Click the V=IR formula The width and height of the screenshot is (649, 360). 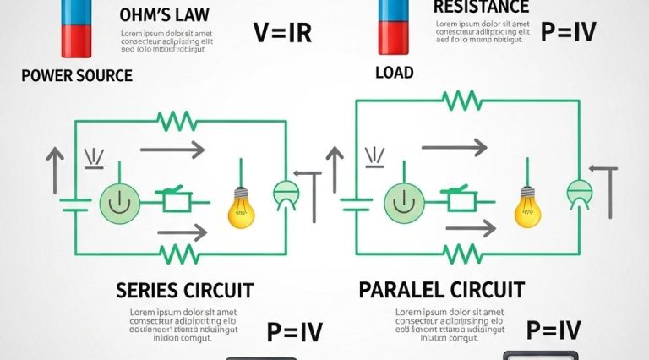(x=282, y=33)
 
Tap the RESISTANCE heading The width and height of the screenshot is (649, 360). (x=475, y=7)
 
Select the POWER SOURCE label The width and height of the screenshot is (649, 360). (x=77, y=75)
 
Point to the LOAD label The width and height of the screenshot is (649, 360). (x=395, y=73)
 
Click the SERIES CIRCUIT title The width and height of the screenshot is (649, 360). (x=184, y=291)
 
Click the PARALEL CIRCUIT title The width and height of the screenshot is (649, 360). (x=442, y=290)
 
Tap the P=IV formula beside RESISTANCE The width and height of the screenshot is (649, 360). (x=568, y=32)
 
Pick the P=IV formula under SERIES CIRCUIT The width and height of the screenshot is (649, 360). (x=294, y=332)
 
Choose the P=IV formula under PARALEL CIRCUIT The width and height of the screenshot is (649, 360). (x=554, y=330)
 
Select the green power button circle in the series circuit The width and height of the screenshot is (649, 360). (x=117, y=203)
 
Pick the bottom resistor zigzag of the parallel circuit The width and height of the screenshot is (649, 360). (x=462, y=251)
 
